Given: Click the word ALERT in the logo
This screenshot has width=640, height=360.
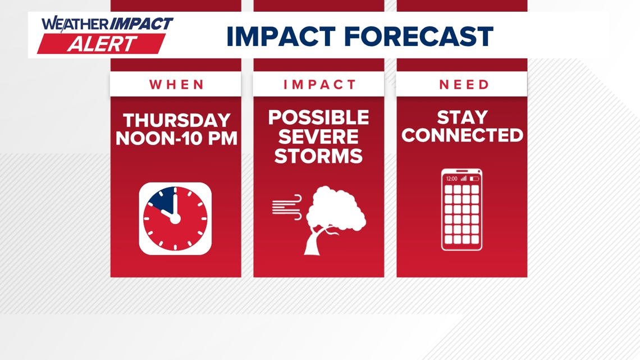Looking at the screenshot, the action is tap(102, 44).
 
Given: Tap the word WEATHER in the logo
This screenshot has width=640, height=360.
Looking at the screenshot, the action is tap(75, 24).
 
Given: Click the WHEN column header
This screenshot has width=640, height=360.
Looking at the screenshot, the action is tap(176, 84).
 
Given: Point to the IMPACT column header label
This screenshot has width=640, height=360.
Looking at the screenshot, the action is tap(320, 84).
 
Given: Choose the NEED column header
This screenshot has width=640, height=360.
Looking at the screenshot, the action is tap(464, 84).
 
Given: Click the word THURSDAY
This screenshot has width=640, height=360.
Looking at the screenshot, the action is tap(177, 120).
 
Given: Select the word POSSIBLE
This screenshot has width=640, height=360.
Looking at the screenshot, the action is tap(318, 117).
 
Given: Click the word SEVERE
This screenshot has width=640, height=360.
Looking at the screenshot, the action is tap(318, 136).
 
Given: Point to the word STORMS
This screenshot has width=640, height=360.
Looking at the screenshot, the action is tap(318, 156).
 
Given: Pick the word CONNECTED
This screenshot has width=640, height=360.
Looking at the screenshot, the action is tap(462, 135).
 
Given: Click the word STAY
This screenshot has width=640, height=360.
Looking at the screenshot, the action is tap(463, 117).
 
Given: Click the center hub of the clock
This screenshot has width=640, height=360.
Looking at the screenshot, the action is tap(175, 219).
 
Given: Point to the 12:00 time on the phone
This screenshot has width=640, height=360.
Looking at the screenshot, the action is tap(452, 179).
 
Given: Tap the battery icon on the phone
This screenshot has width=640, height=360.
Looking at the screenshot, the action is tap(474, 179).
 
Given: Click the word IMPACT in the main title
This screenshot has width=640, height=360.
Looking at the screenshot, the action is tap(281, 37).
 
